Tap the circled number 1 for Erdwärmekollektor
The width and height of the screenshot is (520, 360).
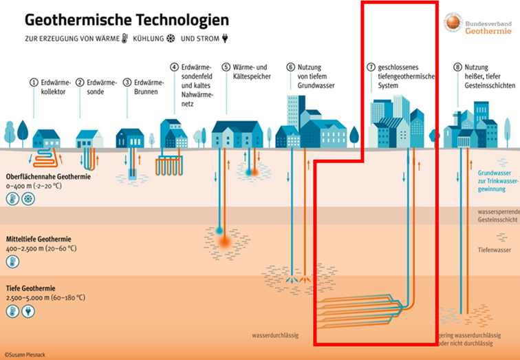coord(32,83)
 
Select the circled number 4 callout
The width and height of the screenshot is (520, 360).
coord(175,67)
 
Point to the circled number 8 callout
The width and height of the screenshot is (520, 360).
coord(457,67)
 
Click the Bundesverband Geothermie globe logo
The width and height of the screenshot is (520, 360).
coord(452,23)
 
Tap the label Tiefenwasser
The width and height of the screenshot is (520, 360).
coord(494,250)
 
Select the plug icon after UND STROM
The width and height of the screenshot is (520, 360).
coord(223,39)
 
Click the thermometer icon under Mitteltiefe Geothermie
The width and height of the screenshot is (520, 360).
coord(12,262)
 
